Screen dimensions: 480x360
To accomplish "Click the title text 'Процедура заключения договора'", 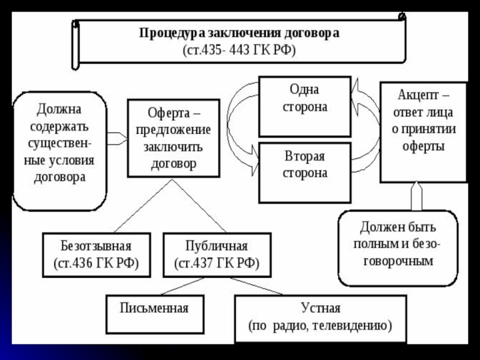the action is pos(239,33).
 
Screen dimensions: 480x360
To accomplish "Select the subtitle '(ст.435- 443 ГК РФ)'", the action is pos(239,50).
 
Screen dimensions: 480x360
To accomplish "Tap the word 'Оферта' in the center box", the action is pos(164,113).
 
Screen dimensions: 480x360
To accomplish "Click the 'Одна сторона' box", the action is pos(305,107).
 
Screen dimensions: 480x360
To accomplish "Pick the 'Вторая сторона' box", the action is pos(305,173).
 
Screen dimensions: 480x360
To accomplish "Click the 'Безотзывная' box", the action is pos(97,255).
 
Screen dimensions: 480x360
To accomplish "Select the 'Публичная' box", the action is pos(217,255).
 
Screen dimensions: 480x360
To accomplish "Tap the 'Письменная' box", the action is pos(155,314).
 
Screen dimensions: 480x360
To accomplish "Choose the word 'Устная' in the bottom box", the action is pos(320,308).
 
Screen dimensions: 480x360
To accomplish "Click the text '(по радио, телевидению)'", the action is pos(320,325).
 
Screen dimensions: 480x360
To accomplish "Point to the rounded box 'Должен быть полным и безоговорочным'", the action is pos(398,248).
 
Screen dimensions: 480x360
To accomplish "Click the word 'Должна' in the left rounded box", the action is pos(59,109).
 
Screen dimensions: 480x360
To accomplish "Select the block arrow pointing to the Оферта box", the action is pos(117,139).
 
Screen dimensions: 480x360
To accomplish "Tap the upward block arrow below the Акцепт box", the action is pos(416,196).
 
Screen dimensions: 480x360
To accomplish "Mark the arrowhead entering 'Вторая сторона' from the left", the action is pos(255,160).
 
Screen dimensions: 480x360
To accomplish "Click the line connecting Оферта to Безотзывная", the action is pos(143,206).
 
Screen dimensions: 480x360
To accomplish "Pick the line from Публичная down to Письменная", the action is pos(182,286).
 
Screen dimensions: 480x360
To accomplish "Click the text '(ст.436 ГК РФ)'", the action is pos(96,263).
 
